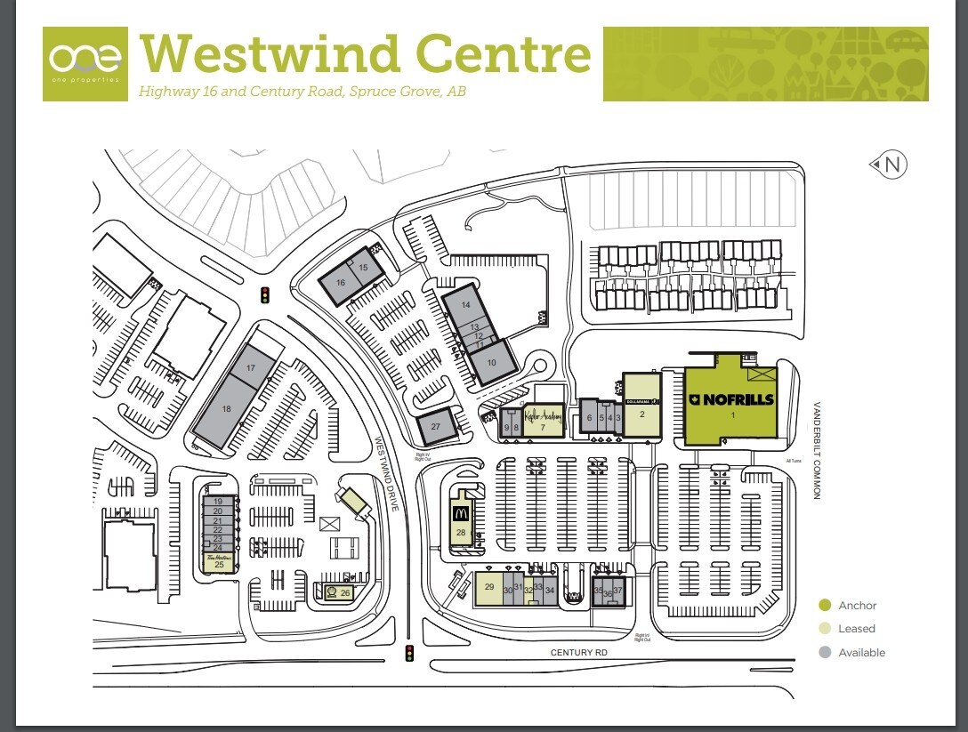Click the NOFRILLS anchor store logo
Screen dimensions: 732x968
pos(730,399)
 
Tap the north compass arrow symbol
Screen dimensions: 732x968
pos(887,165)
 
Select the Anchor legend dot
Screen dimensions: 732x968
pos(825,606)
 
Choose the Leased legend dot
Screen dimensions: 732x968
pos(825,629)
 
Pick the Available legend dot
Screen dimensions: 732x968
pos(825,652)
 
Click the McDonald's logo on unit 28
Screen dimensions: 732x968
pos(461,513)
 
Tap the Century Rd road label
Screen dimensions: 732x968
pos(578,653)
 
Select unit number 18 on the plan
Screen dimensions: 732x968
pos(226,410)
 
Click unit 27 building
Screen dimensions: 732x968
pos(436,427)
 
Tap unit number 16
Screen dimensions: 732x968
pos(340,283)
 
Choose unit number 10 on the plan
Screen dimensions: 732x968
pos(491,362)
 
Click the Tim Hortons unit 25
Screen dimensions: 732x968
pos(218,561)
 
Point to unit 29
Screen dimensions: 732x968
pos(488,586)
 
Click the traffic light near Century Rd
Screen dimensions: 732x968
pos(409,654)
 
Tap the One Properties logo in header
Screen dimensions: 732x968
pos(85,63)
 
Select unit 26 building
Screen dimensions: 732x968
pos(339,592)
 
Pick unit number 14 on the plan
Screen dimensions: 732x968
pos(465,305)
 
